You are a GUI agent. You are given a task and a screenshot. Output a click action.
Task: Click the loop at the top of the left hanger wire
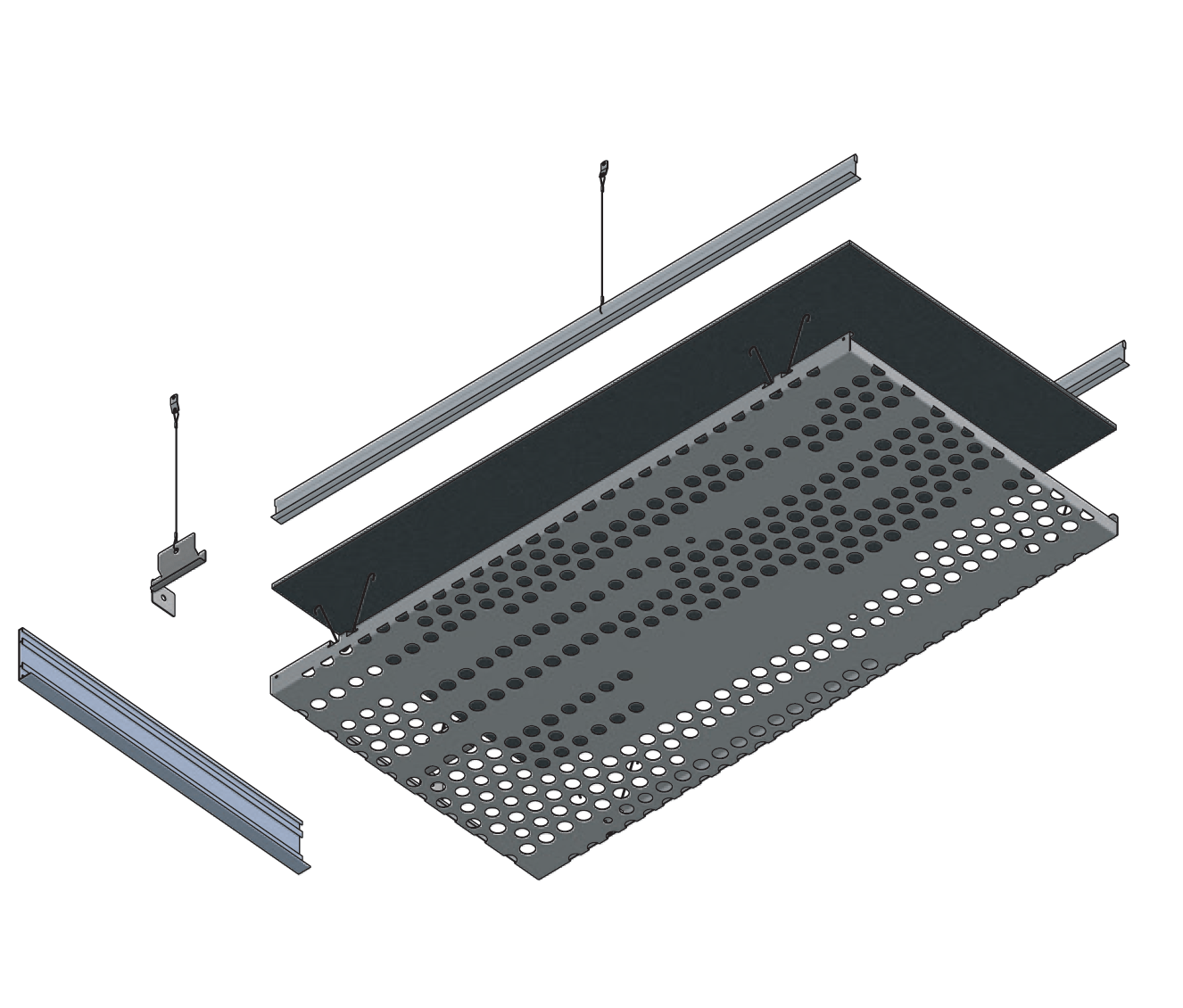(x=173, y=401)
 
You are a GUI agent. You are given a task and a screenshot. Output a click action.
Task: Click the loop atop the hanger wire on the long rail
(x=604, y=167)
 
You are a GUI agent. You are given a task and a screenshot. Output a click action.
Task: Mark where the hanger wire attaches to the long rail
(x=601, y=307)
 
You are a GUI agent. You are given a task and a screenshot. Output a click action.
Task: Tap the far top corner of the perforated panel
(x=848, y=337)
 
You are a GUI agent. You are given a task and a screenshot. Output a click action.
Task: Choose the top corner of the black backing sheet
(x=850, y=242)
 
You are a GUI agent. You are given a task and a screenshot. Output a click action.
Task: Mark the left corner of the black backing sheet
(x=273, y=584)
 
